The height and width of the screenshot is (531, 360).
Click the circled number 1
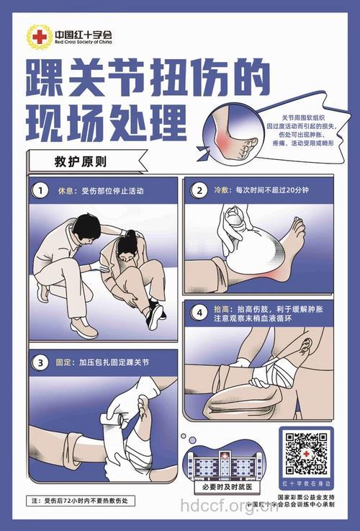pyautogui.click(x=42, y=191)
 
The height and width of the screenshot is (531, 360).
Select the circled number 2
pyautogui.click(x=198, y=191)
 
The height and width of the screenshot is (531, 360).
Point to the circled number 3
pyautogui.click(x=42, y=362)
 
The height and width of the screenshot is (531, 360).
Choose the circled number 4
pyautogui.click(x=198, y=313)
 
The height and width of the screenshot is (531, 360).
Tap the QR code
pyautogui.click(x=305, y=453)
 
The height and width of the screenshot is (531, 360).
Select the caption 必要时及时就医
pyautogui.click(x=221, y=487)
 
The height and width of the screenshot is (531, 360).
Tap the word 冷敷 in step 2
pyautogui.click(x=220, y=191)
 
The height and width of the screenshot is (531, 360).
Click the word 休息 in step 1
pyautogui.click(x=66, y=191)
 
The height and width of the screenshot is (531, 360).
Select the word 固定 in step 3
pyautogui.click(x=65, y=362)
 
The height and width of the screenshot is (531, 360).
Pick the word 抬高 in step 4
pyautogui.click(x=220, y=308)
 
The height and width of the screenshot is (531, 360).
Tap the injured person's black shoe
pyautogui.click(x=154, y=316)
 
